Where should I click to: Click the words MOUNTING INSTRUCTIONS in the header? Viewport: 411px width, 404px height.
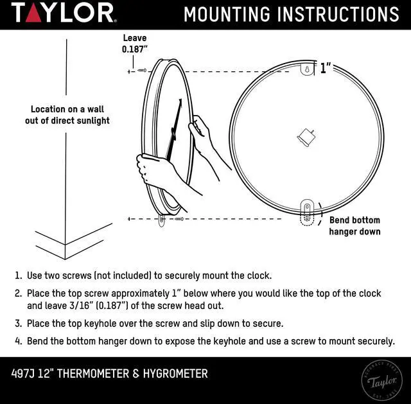click(291, 13)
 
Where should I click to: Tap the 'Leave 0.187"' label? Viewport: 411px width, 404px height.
click(135, 44)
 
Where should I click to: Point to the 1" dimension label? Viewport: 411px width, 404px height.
click(326, 68)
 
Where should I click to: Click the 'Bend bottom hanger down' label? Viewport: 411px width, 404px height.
click(354, 225)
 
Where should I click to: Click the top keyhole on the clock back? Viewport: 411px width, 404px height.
click(307, 69)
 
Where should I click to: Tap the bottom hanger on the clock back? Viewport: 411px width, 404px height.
click(307, 210)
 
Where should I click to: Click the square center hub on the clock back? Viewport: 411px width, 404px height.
click(306, 136)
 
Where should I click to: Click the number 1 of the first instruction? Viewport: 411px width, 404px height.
click(18, 276)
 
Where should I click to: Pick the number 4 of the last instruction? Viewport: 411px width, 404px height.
click(18, 341)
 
